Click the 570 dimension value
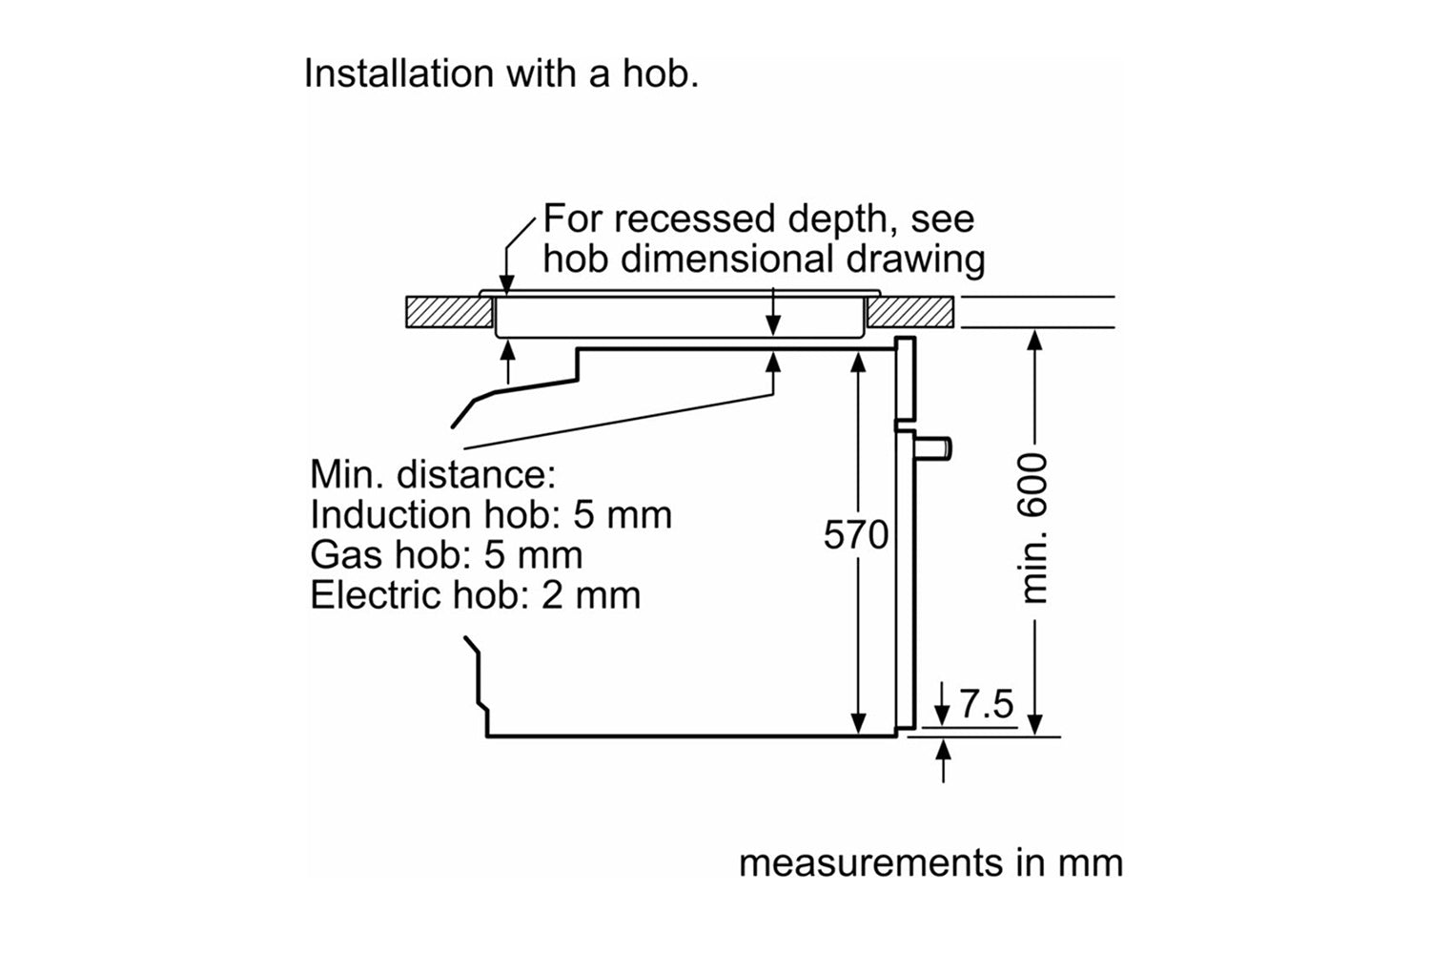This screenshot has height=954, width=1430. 856,535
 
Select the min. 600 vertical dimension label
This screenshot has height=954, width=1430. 1034,528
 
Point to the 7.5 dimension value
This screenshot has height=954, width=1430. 987,704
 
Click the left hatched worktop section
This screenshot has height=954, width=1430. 449,312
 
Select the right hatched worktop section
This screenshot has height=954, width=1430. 910,312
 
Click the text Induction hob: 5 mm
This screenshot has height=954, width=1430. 491,515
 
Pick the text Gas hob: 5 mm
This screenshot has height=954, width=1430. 445,555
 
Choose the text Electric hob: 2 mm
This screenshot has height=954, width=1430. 475,595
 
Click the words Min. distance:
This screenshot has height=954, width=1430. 432,474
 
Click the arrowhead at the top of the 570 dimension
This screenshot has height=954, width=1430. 859,360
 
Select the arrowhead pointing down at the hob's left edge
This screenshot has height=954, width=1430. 507,283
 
